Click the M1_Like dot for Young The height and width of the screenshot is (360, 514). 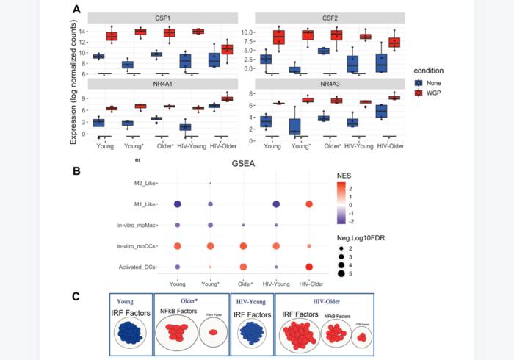pyautogui.click(x=178, y=204)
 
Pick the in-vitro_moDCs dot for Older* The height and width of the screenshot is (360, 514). pyautogui.click(x=244, y=245)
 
